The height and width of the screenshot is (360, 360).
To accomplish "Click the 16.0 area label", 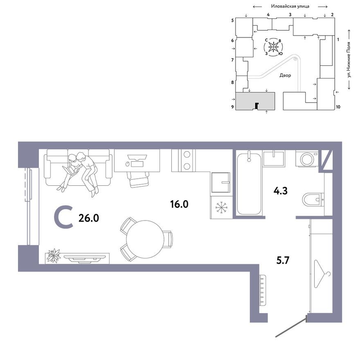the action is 179,204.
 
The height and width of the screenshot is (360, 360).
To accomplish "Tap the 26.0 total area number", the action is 89,218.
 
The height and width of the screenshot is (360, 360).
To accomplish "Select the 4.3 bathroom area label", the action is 280,191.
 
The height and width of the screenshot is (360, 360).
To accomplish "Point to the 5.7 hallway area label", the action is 283,261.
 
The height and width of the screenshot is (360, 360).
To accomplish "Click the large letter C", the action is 63,218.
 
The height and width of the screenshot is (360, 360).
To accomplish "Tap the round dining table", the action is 145,239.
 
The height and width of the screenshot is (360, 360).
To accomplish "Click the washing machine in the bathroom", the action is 307,158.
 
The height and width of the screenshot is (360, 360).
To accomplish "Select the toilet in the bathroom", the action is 313,200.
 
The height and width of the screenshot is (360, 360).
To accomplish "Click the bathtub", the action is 249,183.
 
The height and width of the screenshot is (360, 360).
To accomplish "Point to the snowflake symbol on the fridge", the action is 222,207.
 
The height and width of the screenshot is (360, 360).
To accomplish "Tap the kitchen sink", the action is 220,182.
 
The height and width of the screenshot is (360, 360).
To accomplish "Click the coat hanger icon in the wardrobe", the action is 322,274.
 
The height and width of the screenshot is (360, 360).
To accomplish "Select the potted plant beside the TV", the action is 54,255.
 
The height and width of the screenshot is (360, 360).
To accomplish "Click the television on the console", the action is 84,258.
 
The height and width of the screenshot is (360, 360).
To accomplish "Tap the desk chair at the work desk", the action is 137,179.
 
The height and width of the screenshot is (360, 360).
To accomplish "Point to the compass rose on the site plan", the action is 273,47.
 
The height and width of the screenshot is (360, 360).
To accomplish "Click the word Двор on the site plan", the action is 285,75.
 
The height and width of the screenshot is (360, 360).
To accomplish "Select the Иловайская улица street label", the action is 290,7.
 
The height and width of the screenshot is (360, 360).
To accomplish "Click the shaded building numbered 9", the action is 255,101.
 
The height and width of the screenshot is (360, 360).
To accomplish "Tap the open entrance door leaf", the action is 291,327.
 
